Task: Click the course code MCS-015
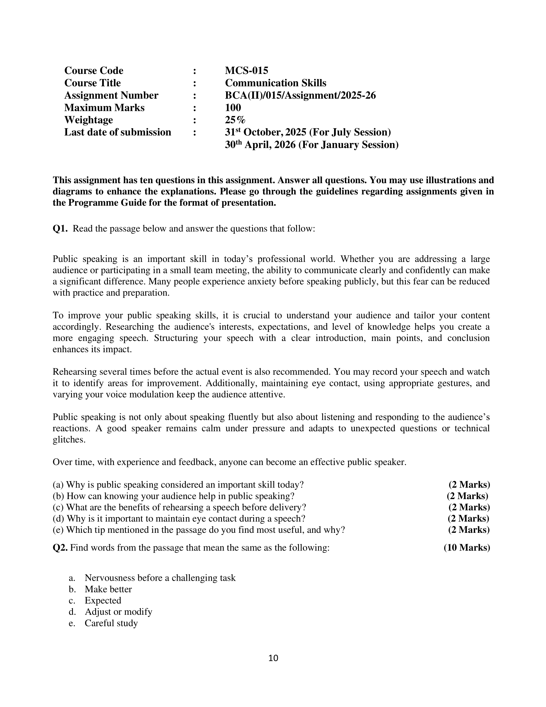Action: pos(246,71)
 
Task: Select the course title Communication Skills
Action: pos(276,83)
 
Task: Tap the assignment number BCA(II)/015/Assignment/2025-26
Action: pos(300,95)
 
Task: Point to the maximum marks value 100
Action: pos(233,107)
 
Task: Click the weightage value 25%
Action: pos(235,120)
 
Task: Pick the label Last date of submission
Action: pos(118,132)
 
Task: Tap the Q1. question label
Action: pos(60,229)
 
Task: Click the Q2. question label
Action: pos(60,548)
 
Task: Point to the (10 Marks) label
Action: pos(466,548)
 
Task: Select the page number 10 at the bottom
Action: pos(273,658)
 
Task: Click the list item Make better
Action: pos(108,589)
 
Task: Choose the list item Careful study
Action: pos(111,623)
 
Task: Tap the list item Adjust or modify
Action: pos(118,612)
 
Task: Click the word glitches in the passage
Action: pos(69,440)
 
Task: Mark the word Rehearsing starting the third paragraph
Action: pos(75,372)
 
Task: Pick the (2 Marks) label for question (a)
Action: pos(469,485)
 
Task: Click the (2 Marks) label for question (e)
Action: pos(469,530)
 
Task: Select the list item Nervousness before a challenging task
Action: pos(160,578)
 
